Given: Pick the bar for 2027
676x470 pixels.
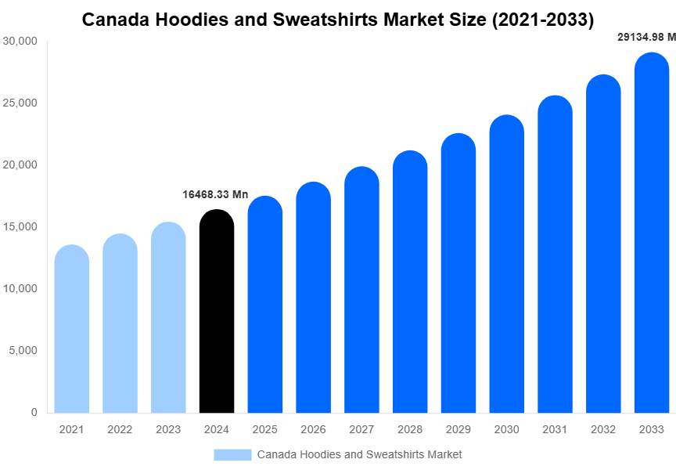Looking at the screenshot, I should (x=361, y=290).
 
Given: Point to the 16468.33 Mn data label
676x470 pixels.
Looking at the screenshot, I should (x=215, y=194).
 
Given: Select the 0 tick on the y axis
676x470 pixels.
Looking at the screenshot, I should (x=34, y=412).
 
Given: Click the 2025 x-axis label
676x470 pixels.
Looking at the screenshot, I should (x=264, y=429).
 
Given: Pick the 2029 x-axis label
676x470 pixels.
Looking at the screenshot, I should (x=458, y=429).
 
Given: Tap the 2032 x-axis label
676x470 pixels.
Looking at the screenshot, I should (x=602, y=429).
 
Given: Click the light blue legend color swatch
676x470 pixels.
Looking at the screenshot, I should (x=232, y=454).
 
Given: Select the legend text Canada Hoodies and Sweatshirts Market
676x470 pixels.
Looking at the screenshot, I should (x=359, y=454).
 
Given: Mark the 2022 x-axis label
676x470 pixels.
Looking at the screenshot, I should (x=120, y=429).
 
